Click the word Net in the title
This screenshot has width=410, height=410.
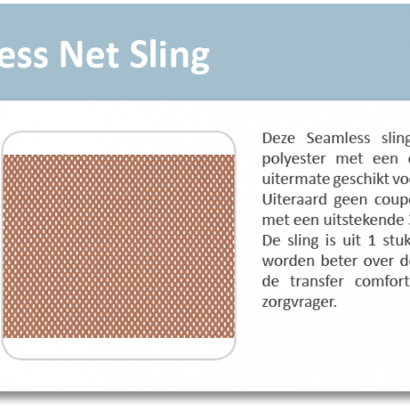(x=88, y=55)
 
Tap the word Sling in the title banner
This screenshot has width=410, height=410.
(x=169, y=56)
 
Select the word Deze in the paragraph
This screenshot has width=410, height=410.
(x=279, y=138)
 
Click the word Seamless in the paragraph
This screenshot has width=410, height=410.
(x=338, y=138)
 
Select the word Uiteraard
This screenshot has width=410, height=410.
(x=292, y=200)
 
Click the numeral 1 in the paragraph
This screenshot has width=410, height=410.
(x=372, y=241)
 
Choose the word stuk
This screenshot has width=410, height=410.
(x=396, y=241)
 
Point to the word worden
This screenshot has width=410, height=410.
(x=288, y=261)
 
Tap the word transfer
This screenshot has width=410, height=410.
(x=317, y=282)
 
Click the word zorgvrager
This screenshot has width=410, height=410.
(x=300, y=302)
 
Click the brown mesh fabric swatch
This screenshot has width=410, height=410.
(x=118, y=246)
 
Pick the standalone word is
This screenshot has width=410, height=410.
(x=331, y=241)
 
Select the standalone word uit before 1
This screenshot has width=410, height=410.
(x=352, y=241)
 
